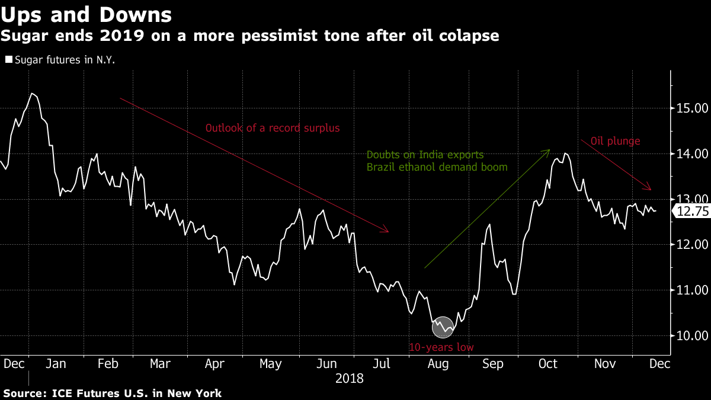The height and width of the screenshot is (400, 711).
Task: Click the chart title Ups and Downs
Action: pyautogui.click(x=86, y=15)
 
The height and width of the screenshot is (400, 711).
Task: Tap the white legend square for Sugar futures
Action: pyautogui.click(x=9, y=59)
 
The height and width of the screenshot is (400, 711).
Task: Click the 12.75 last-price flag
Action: pyautogui.click(x=691, y=211)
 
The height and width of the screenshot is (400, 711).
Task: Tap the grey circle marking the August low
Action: pyautogui.click(x=443, y=327)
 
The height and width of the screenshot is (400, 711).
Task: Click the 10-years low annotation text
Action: pyautogui.click(x=441, y=347)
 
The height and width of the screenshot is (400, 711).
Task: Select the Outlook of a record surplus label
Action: pyautogui.click(x=273, y=128)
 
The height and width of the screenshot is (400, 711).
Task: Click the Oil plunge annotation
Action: pyautogui.click(x=615, y=141)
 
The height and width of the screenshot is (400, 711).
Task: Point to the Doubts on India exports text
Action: pyautogui.click(x=425, y=155)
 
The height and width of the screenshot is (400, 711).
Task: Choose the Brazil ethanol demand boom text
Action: pyautogui.click(x=437, y=167)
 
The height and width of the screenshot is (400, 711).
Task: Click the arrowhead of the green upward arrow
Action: pyautogui.click(x=549, y=150)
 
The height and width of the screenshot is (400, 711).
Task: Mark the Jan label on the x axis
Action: pyautogui.click(x=56, y=364)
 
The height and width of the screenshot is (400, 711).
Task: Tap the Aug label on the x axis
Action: pyautogui.click(x=438, y=364)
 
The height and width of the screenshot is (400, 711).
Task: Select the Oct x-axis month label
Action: pyautogui.click(x=548, y=364)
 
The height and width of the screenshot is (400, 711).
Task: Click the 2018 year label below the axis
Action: pyautogui.click(x=350, y=379)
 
